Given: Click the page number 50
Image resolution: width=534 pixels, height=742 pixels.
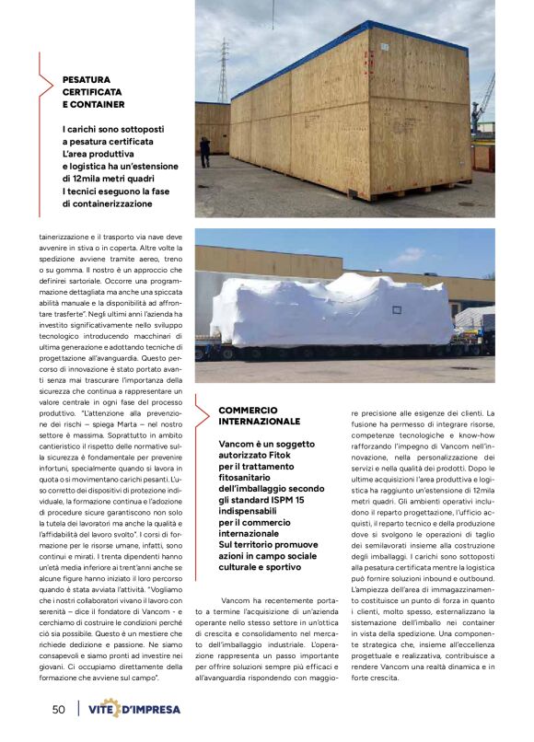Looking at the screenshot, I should pyautogui.click(x=58, y=709).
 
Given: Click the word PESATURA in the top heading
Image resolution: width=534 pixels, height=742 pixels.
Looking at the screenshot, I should pyautogui.click(x=87, y=80).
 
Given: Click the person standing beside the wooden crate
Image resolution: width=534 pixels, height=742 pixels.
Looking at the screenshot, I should pyautogui.click(x=204, y=151).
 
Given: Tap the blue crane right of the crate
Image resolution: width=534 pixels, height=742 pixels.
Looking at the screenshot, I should pyautogui.click(x=485, y=101).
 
